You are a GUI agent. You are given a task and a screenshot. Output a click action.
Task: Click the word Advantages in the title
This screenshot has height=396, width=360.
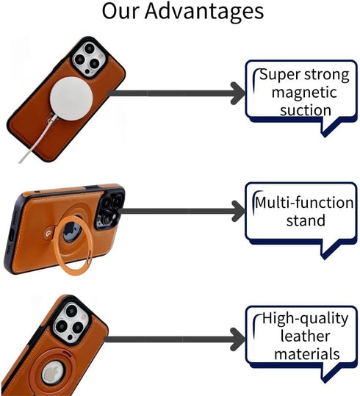(204, 12)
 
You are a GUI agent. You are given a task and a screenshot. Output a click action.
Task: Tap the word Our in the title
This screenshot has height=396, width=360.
(120, 10)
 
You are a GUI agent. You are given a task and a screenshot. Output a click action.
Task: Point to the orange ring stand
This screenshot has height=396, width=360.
(73, 245)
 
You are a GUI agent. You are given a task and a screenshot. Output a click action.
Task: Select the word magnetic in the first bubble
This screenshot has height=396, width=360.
(304, 93)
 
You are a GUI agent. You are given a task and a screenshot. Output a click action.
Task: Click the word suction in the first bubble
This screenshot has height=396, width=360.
(306, 110)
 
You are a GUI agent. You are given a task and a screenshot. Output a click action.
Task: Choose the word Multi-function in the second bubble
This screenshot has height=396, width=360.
(304, 203)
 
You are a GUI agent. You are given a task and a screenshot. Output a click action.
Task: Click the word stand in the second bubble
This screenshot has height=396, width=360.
(306, 220)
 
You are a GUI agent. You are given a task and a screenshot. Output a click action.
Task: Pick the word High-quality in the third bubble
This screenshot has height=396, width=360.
(305, 319)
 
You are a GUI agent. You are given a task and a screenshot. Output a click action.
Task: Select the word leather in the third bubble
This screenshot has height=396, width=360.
(305, 336)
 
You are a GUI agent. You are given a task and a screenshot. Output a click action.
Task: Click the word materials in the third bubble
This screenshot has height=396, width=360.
(306, 354)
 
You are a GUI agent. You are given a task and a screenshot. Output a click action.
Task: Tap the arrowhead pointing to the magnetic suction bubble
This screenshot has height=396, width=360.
(238, 93)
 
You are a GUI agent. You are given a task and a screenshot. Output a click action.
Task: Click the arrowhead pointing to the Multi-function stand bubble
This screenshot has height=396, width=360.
(239, 211)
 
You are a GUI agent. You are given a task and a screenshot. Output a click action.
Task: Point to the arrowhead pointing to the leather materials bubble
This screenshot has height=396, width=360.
(238, 339)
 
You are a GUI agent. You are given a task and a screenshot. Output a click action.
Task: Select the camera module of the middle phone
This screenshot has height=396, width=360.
(110, 209)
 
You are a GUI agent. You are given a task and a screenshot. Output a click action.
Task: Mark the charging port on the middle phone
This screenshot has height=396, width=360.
(11, 236)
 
